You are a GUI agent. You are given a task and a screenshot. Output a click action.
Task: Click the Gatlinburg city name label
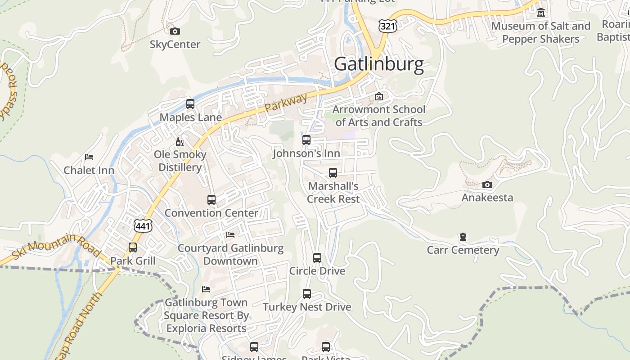pos(379,64)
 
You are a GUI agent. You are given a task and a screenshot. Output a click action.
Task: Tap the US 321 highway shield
pos(387,26)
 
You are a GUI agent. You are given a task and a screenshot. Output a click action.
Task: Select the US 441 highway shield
pos(143,225)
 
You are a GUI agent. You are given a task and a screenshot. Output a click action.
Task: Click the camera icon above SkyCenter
pos(175,31)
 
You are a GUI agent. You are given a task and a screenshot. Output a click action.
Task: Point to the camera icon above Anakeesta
pos(487,184)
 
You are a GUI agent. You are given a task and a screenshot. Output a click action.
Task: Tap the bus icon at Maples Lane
pos(190,104)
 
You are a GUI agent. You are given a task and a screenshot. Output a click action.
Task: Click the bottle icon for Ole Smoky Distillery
pos(180,142)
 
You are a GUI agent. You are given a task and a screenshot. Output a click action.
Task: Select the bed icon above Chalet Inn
pos(89,157)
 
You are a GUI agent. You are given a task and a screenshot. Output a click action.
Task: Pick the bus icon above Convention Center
pos(211,199)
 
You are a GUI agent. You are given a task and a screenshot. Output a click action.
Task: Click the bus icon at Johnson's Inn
pos(306,140)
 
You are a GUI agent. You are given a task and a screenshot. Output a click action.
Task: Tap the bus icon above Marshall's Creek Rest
pos(333,173)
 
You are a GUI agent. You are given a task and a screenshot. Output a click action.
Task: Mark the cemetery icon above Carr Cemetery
pos(463,237)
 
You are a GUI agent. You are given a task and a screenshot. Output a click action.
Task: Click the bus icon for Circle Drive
pos(317,258)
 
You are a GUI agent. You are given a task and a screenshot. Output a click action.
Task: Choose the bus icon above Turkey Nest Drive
pos(307,294)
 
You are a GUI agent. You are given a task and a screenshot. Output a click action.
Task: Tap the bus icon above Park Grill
pos(133,247)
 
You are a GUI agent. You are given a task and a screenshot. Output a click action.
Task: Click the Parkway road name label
pos(286,103)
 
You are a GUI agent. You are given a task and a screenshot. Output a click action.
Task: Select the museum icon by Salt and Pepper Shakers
pos(541,13)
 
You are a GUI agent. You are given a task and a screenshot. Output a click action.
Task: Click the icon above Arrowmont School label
pos(379,96)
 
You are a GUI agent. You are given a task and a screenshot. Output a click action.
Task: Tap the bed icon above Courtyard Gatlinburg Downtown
pos(230,235)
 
